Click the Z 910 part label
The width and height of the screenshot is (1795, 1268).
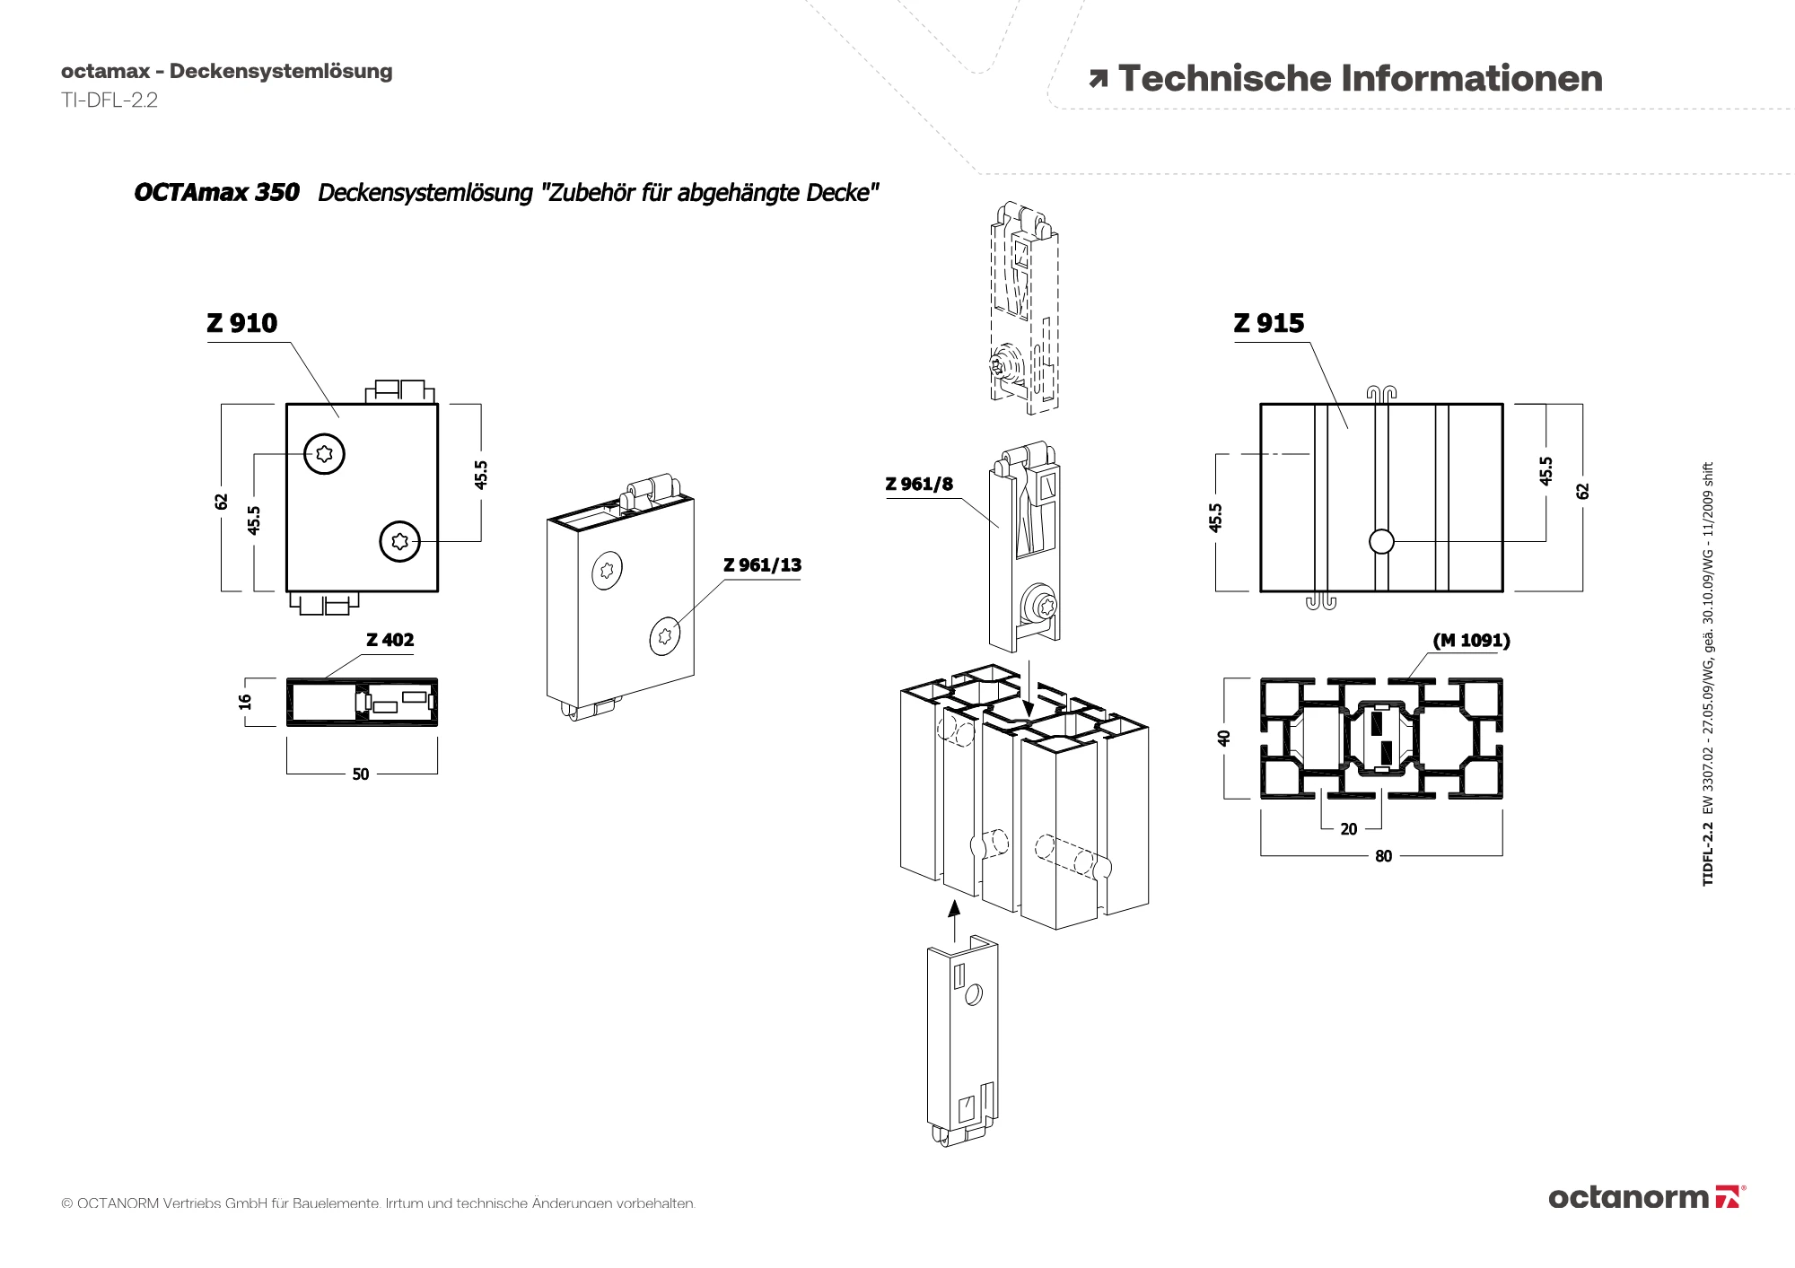(x=242, y=323)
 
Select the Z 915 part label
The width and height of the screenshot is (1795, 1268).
(x=1268, y=323)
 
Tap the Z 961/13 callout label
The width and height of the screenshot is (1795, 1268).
(x=762, y=565)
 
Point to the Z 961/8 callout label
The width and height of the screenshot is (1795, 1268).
(x=919, y=485)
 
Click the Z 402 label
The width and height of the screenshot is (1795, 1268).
(x=390, y=640)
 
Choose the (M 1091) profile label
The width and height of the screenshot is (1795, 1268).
(x=1471, y=641)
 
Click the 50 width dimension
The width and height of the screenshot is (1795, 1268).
(x=361, y=774)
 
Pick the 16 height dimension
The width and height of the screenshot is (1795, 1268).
(x=245, y=702)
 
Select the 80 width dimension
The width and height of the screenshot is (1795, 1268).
(x=1383, y=856)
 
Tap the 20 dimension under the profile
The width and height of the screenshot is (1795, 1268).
(x=1348, y=829)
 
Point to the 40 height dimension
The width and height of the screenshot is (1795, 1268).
(x=1223, y=738)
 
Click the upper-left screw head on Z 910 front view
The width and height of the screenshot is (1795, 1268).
(x=324, y=454)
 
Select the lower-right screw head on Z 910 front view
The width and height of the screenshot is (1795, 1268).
(x=400, y=541)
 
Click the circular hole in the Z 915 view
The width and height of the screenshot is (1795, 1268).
(x=1381, y=541)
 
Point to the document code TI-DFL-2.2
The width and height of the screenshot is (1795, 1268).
(x=109, y=101)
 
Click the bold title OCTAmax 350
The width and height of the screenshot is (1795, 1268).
(x=216, y=193)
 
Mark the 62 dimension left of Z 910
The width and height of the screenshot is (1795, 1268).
(x=222, y=502)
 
